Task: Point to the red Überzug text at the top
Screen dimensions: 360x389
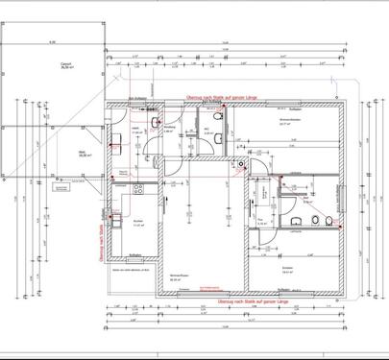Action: [223, 97]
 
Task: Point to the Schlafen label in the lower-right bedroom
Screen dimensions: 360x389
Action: [287, 270]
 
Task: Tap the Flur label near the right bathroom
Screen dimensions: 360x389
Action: [260, 221]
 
